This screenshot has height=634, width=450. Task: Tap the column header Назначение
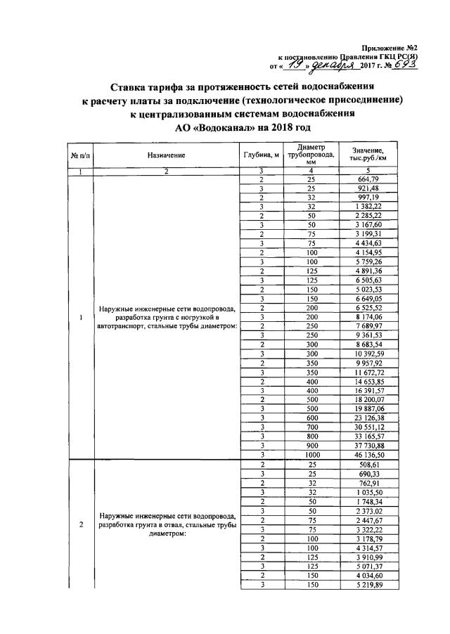coord(167,155)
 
